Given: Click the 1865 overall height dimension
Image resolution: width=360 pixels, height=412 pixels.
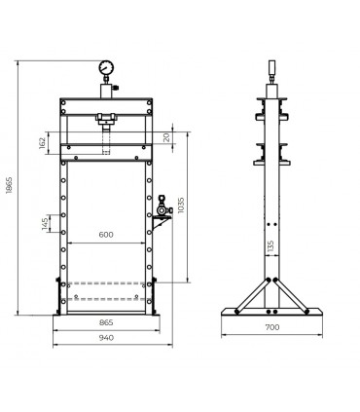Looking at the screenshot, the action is tap(9, 185).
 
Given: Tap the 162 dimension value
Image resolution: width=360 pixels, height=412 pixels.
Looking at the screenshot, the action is tap(42, 143).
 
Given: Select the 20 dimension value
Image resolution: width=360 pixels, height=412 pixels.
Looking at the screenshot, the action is tap(166, 137).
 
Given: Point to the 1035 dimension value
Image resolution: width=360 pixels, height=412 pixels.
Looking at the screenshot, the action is tap(181, 205).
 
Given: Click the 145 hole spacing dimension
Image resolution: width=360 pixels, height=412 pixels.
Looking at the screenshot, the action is tap(45, 224).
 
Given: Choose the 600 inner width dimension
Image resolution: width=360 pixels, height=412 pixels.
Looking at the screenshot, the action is tap(106, 235).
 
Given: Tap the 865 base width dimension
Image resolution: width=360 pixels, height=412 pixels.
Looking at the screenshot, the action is tap(106, 322).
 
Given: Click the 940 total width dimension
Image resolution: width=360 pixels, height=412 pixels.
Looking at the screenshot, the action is tap(106, 338).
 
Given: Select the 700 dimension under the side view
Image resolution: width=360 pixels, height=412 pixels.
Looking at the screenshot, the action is tap(272, 327).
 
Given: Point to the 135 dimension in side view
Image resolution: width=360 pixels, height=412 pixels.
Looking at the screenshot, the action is tap(271, 246).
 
